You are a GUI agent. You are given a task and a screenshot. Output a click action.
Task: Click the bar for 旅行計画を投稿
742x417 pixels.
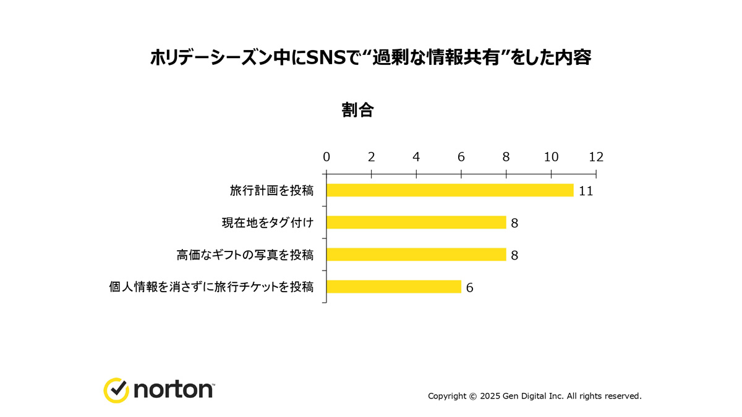pyautogui.click(x=450, y=190)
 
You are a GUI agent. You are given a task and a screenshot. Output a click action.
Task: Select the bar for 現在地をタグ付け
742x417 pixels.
pyautogui.click(x=416, y=222)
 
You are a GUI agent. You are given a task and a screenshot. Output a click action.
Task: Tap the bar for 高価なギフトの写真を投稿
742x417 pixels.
pyautogui.click(x=416, y=255)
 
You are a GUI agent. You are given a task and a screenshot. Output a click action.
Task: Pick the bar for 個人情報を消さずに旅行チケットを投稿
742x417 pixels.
pyautogui.click(x=394, y=287)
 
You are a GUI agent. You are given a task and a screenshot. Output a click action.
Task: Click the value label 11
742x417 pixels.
pyautogui.click(x=586, y=191)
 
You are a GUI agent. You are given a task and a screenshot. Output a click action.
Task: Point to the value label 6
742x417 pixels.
pyautogui.click(x=470, y=287)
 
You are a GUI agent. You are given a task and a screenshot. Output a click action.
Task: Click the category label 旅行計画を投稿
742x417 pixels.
pyautogui.click(x=271, y=190)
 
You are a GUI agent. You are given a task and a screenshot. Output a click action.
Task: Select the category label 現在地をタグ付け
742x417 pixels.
pyautogui.click(x=267, y=222)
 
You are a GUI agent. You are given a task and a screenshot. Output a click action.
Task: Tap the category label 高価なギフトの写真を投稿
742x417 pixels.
pyautogui.click(x=245, y=255)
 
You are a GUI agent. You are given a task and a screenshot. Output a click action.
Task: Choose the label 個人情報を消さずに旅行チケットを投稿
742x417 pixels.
pyautogui.click(x=211, y=287)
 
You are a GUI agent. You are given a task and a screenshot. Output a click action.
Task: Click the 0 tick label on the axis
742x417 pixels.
pyautogui.click(x=326, y=157)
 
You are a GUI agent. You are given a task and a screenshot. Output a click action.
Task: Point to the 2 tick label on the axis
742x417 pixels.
pyautogui.click(x=372, y=157)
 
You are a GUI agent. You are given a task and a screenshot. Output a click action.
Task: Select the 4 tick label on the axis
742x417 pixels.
pyautogui.click(x=416, y=157)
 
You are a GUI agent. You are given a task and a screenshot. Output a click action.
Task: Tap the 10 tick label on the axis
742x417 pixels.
pyautogui.click(x=551, y=157)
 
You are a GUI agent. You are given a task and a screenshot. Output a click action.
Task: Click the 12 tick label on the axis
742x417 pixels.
pyautogui.click(x=596, y=157)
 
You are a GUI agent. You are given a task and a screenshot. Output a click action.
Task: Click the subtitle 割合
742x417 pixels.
pyautogui.click(x=357, y=110)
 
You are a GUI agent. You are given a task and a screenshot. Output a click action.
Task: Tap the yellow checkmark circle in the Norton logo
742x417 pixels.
pyautogui.click(x=116, y=390)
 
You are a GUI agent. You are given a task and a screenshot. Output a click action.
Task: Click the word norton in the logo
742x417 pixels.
pyautogui.click(x=173, y=390)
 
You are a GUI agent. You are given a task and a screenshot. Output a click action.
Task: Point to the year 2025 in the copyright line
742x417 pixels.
pyautogui.click(x=492, y=396)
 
